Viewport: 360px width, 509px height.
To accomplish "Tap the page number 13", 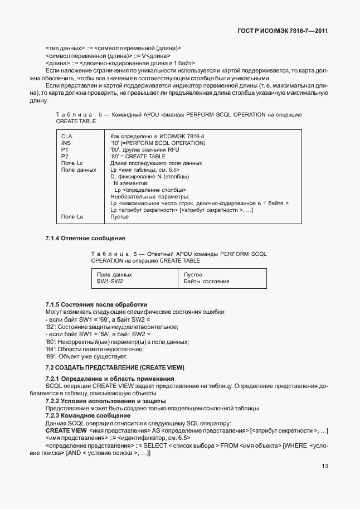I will click(x=324, y=467).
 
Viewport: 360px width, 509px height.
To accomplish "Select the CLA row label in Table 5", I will click(x=66, y=136).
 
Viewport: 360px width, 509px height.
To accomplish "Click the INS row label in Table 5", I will click(x=66, y=143).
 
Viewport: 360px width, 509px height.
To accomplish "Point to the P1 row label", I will click(x=65, y=149).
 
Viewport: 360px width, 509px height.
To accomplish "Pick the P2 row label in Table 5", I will click(x=65, y=156).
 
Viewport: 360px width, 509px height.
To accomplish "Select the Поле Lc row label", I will click(x=72, y=163).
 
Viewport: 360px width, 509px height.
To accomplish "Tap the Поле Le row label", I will click(x=72, y=216).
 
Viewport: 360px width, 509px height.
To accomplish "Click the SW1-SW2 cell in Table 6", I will click(x=110, y=282).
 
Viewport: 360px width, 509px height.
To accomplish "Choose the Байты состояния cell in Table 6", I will click(x=206, y=282).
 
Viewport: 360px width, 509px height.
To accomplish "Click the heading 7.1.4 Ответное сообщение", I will click(x=85, y=239).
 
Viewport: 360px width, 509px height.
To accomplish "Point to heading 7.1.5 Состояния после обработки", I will click(x=96, y=304).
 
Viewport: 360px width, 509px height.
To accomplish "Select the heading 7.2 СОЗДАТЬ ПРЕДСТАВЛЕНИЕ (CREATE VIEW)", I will click(x=114, y=367).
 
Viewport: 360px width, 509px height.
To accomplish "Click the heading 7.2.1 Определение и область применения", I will click(x=109, y=379).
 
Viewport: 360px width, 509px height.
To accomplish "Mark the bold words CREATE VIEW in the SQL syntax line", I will click(x=66, y=431).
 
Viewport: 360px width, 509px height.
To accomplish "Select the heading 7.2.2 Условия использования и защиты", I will click(x=105, y=401).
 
